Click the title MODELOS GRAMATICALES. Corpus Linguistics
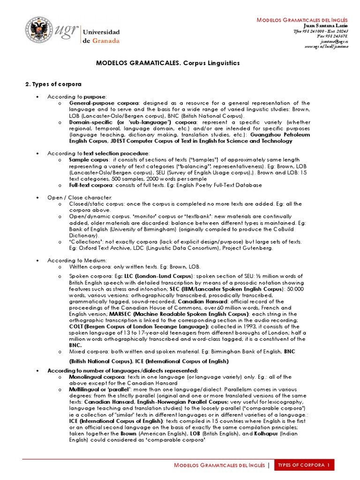click(168, 62)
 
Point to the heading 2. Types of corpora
click(53, 84)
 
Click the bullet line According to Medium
click(77, 260)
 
